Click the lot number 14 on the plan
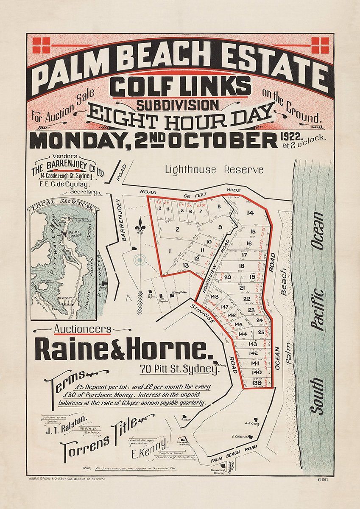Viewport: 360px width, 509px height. click(250, 213)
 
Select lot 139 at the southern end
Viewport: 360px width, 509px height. click(257, 383)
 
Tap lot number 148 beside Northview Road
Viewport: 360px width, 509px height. click(214, 297)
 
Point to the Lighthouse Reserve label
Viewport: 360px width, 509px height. click(214, 170)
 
